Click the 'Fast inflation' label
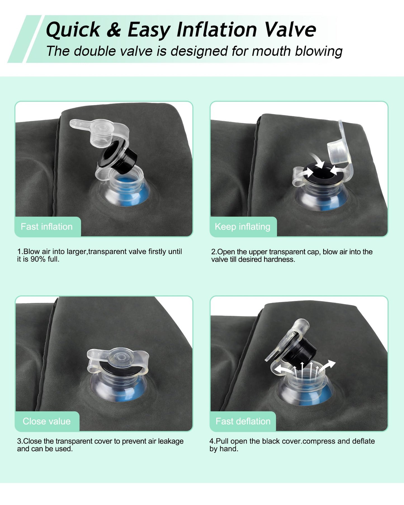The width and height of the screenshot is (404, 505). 47,226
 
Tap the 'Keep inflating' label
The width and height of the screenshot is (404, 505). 242,227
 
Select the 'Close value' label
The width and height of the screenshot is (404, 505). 47,421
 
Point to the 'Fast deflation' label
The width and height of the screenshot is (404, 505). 243,421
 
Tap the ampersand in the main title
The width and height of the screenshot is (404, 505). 114,30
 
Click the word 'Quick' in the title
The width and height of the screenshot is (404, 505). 73,30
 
